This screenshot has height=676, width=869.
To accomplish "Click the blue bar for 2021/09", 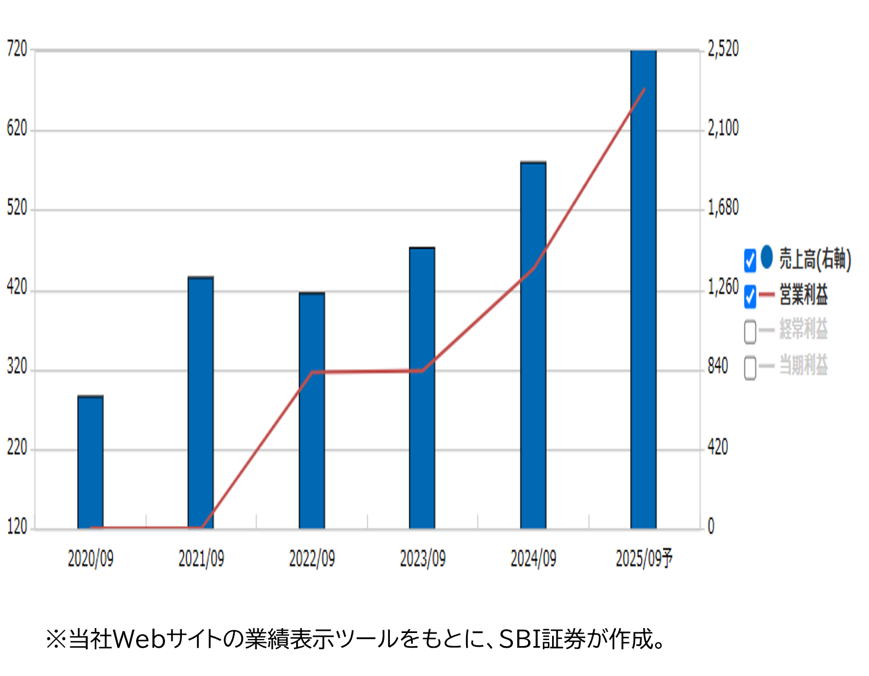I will [x=201, y=403].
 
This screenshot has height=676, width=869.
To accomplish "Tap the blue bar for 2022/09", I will [x=312, y=410].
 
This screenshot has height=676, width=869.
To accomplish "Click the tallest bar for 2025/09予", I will [x=644, y=288].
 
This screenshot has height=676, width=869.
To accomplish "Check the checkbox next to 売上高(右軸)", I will [x=750, y=260].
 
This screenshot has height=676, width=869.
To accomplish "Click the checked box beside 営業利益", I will [x=750, y=296].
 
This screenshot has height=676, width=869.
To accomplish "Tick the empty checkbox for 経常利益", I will [x=750, y=331].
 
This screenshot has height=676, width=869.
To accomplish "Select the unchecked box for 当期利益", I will [x=750, y=367].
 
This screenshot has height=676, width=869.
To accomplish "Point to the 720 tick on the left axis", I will [x=17, y=50].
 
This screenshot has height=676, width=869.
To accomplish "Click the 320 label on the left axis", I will [x=17, y=367].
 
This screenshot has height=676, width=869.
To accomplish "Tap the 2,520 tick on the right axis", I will [x=723, y=49].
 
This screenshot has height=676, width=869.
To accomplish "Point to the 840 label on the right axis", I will [x=718, y=366].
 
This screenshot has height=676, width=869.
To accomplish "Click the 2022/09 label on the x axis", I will [x=312, y=559].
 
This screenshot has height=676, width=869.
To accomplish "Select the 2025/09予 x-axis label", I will [x=644, y=559].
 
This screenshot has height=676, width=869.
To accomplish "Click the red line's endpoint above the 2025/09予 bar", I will [x=645, y=89].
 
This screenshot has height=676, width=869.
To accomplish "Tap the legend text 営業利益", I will [x=804, y=294].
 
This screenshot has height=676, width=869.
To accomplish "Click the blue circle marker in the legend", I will [x=767, y=257].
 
